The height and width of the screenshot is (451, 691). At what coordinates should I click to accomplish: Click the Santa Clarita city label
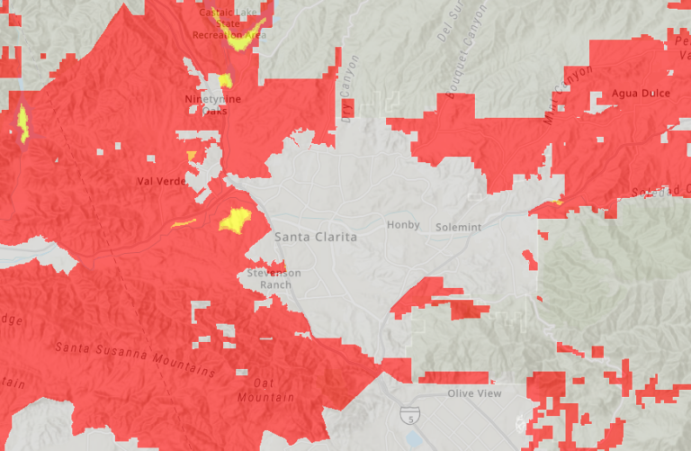[x=316, y=238]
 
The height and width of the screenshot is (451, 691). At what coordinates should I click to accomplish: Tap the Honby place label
[x=403, y=225]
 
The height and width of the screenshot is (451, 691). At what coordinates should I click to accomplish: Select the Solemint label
[x=460, y=227]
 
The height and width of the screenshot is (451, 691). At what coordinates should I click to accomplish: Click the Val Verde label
[x=160, y=181]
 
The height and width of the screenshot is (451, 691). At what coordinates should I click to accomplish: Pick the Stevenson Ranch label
[x=274, y=279]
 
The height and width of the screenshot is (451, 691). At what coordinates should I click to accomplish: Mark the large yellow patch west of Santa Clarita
[x=236, y=220]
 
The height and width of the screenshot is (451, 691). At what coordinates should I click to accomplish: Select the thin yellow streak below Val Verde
[x=183, y=222]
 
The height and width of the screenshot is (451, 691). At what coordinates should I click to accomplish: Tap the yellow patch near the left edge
[x=22, y=124]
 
